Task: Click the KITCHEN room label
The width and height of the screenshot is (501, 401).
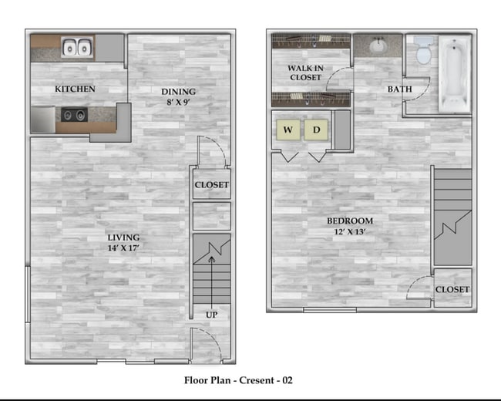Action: [75, 89]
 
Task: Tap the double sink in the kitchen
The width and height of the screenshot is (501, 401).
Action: [76, 48]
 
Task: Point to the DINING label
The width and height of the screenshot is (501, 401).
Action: [178, 92]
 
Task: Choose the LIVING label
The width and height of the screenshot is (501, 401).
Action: [123, 237]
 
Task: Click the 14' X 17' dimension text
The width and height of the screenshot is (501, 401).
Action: [123, 248]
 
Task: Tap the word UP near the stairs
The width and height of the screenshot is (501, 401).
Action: [211, 315]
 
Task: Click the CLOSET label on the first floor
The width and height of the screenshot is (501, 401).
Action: [211, 185]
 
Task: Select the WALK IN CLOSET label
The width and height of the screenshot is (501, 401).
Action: [304, 72]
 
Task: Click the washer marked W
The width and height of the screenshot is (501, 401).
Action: [288, 130]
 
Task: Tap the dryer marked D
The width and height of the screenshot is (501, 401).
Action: [316, 130]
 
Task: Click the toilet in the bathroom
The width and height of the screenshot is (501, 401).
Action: [422, 52]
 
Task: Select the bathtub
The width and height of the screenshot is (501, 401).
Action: [454, 73]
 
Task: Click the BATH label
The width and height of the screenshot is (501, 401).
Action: [399, 89]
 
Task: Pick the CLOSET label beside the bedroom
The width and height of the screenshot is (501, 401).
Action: [452, 289]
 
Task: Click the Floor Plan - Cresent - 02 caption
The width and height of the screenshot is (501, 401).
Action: [238, 379]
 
